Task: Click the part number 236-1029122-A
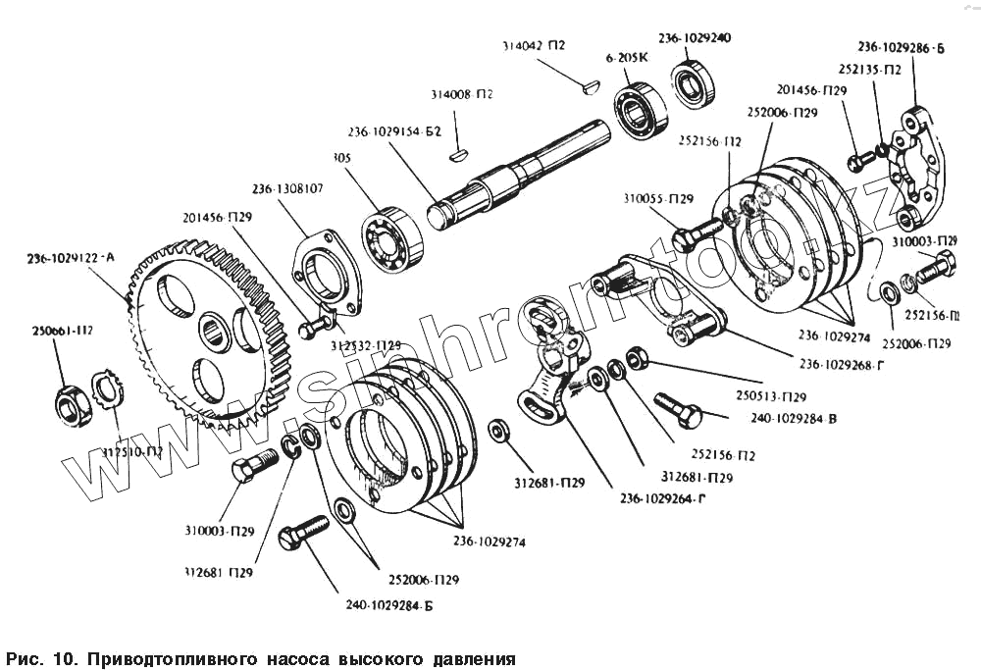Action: tap(72, 258)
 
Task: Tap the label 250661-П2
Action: tap(62, 331)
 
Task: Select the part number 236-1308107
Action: tap(287, 188)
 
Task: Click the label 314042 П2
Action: tap(534, 45)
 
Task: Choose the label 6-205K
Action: tap(628, 58)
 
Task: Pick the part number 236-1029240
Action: tap(695, 37)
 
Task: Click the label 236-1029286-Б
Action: tap(901, 45)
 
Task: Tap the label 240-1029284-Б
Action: tap(388, 605)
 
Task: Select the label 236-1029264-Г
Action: tap(663, 499)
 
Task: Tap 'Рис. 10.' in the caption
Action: tap(41, 655)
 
